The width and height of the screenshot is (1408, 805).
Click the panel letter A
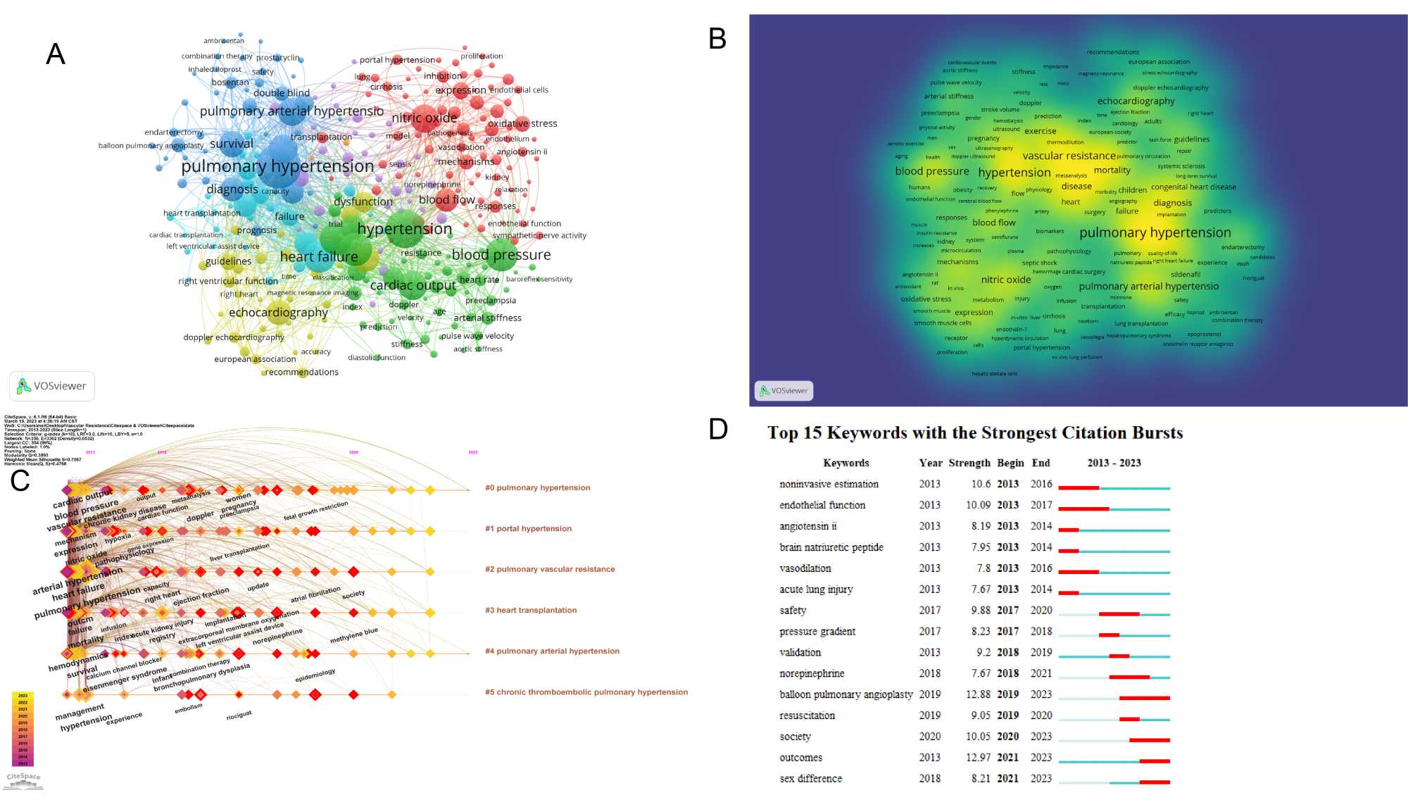tap(55, 54)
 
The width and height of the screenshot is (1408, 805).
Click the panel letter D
tap(717, 428)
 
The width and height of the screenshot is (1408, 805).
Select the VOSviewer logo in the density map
tap(784, 390)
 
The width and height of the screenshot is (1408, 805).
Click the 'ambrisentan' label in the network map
tap(224, 41)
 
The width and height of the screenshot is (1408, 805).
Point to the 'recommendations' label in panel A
tap(302, 372)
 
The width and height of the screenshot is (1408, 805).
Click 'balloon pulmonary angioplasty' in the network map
tap(151, 146)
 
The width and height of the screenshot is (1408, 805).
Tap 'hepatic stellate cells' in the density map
tap(994, 374)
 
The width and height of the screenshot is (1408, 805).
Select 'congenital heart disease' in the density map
tap(1193, 187)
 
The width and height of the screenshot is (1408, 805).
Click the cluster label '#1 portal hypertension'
tap(528, 528)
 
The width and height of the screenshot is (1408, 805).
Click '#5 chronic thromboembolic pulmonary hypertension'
tap(586, 692)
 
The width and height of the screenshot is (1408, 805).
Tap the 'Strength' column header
tap(969, 463)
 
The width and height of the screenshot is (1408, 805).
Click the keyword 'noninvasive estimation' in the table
tap(829, 484)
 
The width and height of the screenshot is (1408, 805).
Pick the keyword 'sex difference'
tap(810, 778)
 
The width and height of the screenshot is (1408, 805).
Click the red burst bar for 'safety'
tap(1119, 614)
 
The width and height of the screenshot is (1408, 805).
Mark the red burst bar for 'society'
tap(1149, 740)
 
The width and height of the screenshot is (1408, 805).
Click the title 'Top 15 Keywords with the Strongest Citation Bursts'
tap(974, 432)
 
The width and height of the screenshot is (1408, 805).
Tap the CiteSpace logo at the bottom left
tap(23, 778)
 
